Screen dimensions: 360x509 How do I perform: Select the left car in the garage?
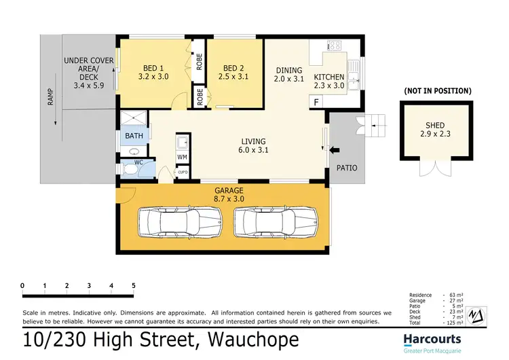[180, 221]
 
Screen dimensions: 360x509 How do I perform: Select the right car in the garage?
[276, 221]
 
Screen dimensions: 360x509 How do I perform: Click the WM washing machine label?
[182, 158]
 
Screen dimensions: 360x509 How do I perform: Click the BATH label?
[133, 136]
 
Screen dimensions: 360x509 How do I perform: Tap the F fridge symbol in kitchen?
[316, 102]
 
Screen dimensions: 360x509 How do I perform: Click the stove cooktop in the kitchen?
[335, 46]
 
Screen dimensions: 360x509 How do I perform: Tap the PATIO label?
[347, 168]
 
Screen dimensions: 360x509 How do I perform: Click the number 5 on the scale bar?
[134, 285]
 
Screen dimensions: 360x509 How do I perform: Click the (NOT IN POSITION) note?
[438, 90]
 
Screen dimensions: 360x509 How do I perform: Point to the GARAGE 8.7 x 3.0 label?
[229, 195]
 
